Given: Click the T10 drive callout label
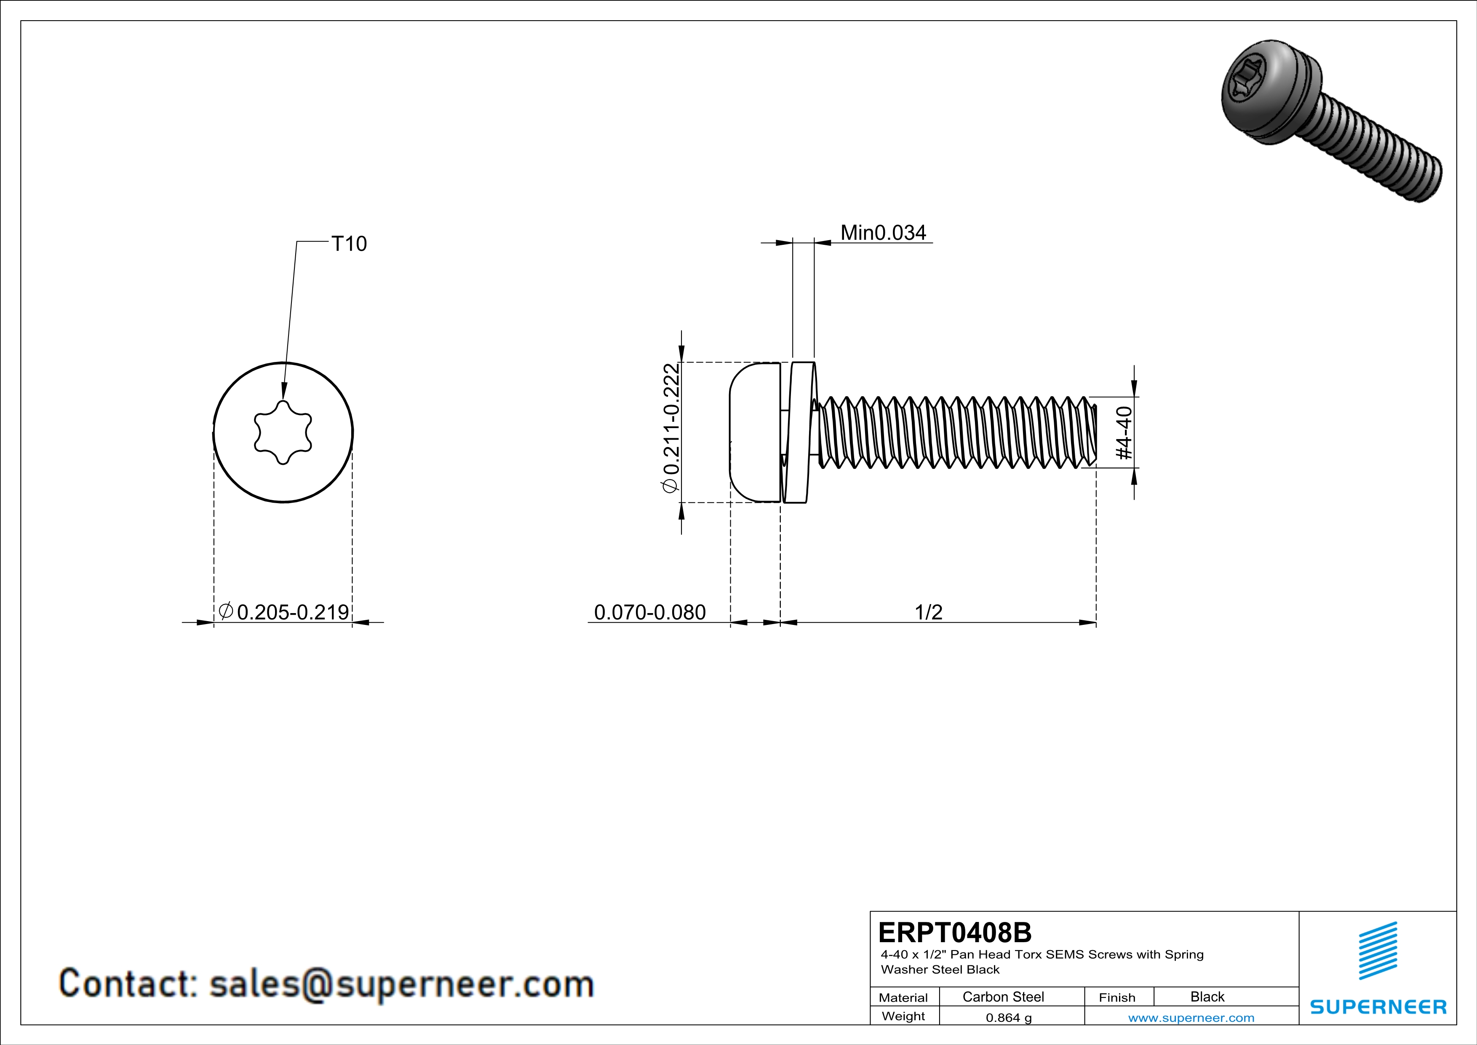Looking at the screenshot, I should (349, 244).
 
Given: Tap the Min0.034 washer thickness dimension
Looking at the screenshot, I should (883, 233).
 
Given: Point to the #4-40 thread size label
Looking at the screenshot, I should (1124, 432).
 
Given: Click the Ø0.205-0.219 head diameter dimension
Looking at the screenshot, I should (284, 612).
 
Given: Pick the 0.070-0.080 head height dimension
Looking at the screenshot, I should (650, 612).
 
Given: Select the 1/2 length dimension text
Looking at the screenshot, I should (928, 612).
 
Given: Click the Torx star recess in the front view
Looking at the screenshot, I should (283, 432).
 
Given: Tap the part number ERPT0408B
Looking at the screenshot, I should (955, 932).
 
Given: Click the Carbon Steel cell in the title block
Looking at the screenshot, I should (1003, 997).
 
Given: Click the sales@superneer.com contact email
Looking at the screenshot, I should (401, 984).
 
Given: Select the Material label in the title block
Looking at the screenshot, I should (903, 997).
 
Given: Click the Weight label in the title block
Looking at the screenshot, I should (903, 1016).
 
